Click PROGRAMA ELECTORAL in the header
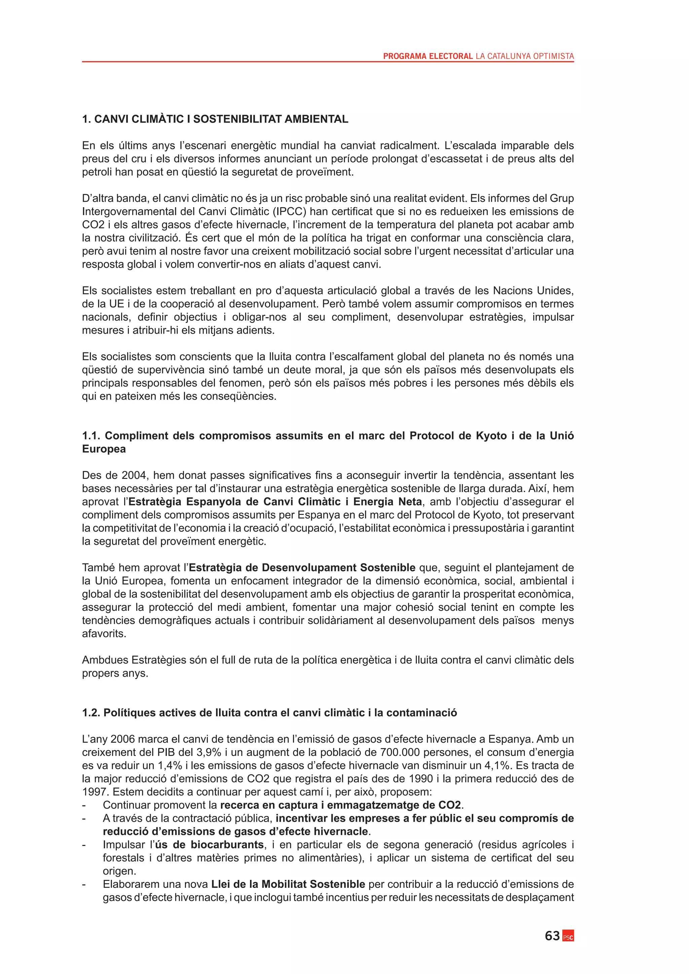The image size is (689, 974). coord(428,56)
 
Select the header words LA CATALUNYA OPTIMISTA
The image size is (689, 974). coord(525,56)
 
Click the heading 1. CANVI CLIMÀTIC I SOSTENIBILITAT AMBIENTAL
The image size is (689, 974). coord(215,119)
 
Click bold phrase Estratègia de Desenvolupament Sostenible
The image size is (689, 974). coord(302,568)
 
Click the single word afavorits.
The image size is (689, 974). coord(104,633)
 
